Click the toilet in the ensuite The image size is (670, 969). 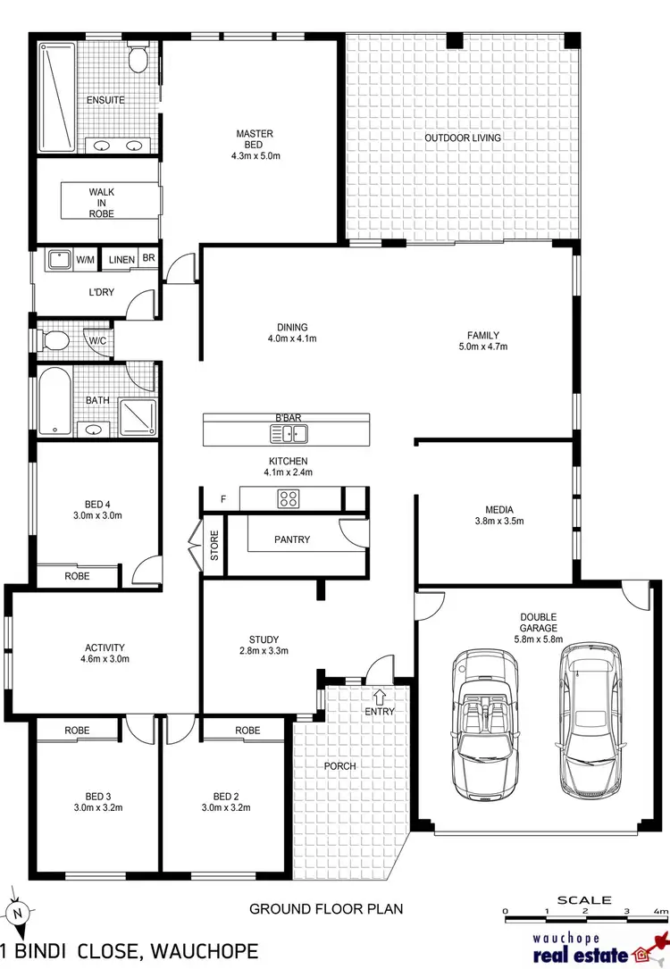[138, 60]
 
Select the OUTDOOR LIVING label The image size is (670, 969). [462, 138]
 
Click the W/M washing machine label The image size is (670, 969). [86, 260]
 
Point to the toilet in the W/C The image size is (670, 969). [55, 340]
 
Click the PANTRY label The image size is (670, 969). [292, 539]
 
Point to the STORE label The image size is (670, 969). [214, 546]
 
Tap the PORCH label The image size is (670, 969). [339, 766]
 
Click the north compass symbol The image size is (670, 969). [18, 914]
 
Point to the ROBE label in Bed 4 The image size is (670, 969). [78, 576]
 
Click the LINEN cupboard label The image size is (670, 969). [122, 260]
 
